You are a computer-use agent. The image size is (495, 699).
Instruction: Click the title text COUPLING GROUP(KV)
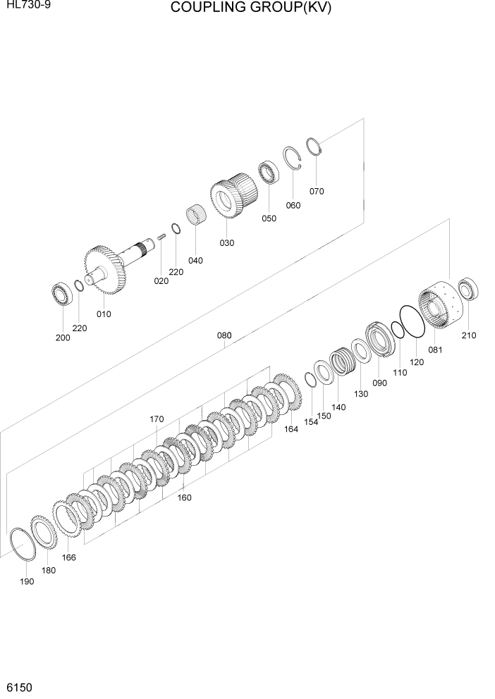pos(250,8)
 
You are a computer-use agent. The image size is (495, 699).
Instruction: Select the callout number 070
pos(317,191)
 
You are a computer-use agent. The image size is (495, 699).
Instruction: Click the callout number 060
pos(293,205)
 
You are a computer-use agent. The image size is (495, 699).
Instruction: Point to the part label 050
pos(269,218)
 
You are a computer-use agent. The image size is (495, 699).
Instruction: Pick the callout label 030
pos(226,243)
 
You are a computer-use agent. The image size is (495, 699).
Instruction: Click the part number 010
pos(104,314)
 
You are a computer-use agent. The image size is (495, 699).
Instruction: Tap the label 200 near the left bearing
pos(63,338)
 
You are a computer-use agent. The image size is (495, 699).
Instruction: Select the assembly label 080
pos(224,335)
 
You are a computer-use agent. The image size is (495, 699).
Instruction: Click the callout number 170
pos(157,419)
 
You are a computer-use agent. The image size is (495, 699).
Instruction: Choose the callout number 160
pos(184,497)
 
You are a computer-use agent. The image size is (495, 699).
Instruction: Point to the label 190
pos(26,583)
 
